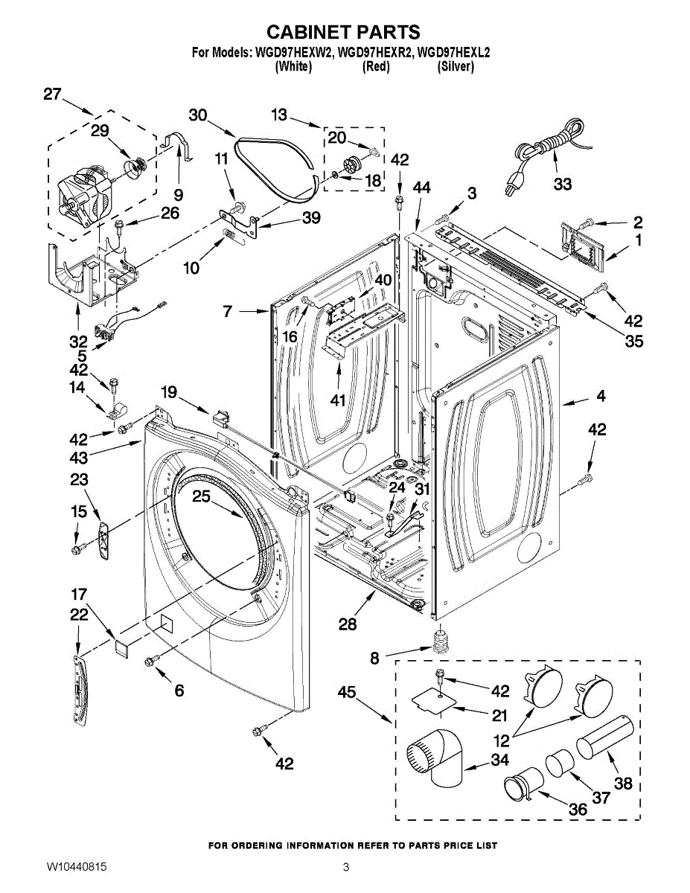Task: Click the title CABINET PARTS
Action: [343, 32]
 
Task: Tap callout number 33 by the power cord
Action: [562, 183]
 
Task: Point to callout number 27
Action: [52, 95]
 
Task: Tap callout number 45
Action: [347, 693]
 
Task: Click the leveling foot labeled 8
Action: [442, 640]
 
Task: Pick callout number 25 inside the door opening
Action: [202, 496]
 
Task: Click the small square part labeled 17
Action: [122, 645]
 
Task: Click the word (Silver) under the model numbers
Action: [456, 66]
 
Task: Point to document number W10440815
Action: [77, 867]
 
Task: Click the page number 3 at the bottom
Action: [345, 867]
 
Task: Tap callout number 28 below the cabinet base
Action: [348, 624]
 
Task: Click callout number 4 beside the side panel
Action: [601, 397]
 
